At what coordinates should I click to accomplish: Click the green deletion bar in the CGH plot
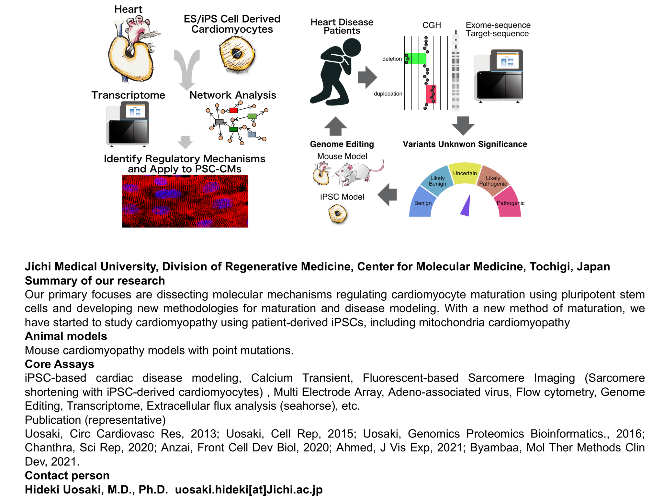(415, 59)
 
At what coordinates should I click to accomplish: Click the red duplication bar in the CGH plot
(431, 94)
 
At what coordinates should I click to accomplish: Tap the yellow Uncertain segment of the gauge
(465, 173)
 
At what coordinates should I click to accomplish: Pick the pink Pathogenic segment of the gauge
(508, 202)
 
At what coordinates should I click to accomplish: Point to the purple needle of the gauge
(466, 206)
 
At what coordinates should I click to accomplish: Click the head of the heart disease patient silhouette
(352, 48)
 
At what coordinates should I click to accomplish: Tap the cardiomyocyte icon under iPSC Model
(338, 214)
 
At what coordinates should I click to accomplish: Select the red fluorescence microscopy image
(185, 201)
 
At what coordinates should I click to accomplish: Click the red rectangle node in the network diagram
(234, 110)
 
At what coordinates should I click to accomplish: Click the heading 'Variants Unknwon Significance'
(465, 144)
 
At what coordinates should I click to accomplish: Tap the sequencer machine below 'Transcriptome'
(128, 123)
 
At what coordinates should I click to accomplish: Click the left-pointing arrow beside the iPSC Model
(387, 195)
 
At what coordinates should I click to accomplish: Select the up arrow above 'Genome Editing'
(335, 126)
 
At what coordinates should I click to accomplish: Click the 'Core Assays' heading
(60, 364)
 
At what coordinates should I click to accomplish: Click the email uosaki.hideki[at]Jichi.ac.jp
(249, 490)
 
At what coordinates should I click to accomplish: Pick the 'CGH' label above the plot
(432, 25)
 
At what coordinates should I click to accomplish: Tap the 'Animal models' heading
(66, 336)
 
